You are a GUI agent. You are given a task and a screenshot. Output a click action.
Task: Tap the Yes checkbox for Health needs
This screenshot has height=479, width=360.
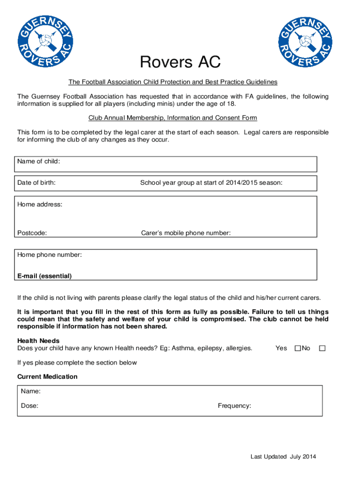click(x=297, y=348)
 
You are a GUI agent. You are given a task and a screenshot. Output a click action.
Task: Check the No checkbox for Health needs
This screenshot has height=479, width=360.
click(x=322, y=348)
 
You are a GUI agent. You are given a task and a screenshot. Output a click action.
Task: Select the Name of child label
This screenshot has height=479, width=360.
click(x=38, y=161)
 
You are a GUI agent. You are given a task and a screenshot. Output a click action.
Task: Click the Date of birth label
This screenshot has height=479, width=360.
click(x=36, y=182)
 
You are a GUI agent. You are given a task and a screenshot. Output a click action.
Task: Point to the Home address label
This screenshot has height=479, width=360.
click(x=40, y=204)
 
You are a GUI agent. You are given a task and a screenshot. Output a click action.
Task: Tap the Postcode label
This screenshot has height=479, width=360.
click(x=32, y=233)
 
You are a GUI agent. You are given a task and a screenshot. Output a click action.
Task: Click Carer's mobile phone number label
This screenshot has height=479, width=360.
click(x=186, y=233)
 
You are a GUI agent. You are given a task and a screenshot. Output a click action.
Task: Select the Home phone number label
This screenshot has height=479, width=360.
click(x=50, y=255)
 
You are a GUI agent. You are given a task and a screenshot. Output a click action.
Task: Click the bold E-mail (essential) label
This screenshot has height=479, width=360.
click(x=44, y=276)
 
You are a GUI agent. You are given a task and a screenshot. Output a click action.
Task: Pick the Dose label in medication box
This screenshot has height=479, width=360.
click(x=29, y=406)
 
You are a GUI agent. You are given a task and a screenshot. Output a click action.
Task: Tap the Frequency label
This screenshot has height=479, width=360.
click(x=234, y=406)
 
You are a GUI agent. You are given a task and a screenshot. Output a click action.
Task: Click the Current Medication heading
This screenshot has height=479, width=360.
click(x=47, y=377)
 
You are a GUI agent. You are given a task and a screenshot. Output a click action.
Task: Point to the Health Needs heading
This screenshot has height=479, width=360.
click(x=38, y=341)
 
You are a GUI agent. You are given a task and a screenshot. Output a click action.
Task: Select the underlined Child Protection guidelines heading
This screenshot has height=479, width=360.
click(x=173, y=82)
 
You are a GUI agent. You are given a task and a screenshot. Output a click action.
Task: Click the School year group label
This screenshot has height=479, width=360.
click(x=211, y=182)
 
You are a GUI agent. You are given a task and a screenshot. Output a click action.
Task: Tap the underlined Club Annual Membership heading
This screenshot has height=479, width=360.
click(x=173, y=118)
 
